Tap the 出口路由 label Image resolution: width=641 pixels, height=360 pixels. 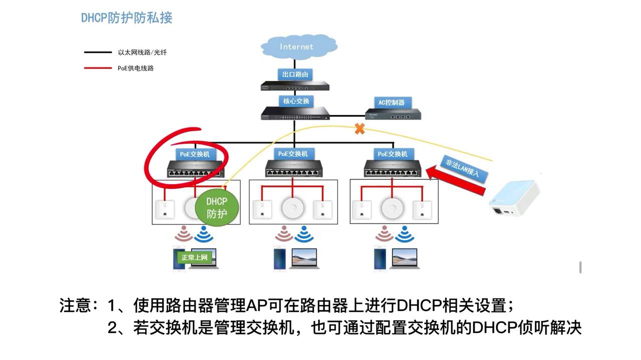(x=295, y=74)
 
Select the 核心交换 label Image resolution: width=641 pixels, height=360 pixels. (x=296, y=101)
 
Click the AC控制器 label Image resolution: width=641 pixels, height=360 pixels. (x=391, y=102)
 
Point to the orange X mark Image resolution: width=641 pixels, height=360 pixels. (x=359, y=129)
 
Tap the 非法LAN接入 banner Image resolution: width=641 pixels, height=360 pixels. (x=463, y=168)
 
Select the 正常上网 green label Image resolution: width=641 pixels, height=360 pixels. (x=194, y=257)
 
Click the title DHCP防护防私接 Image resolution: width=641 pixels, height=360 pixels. (x=127, y=18)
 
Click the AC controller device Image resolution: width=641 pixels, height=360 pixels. (x=393, y=115)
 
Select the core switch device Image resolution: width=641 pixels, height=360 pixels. (x=295, y=114)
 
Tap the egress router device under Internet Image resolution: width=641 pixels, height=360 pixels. (x=295, y=86)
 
